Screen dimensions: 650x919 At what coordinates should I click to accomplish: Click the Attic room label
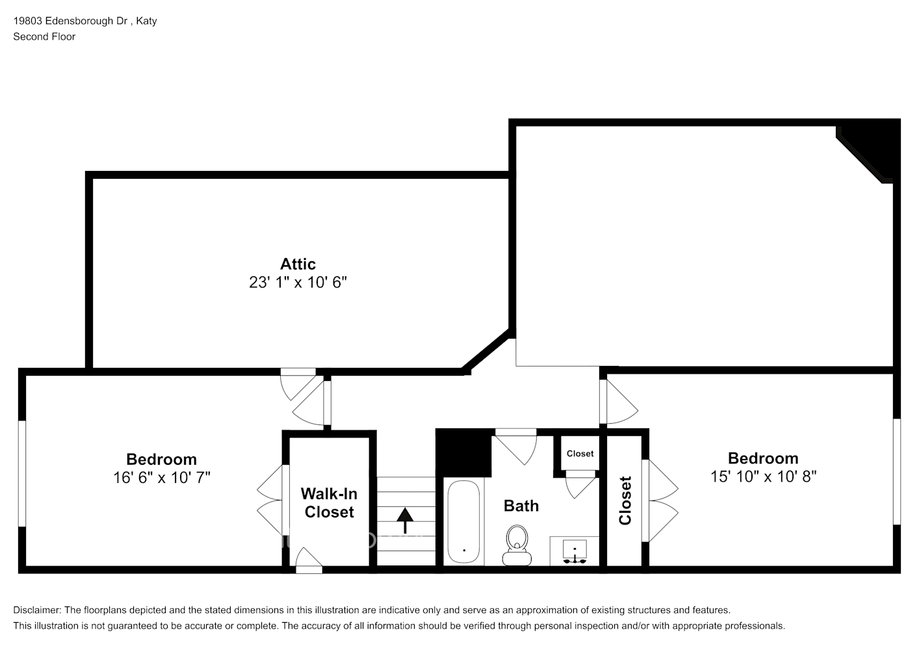tap(298, 264)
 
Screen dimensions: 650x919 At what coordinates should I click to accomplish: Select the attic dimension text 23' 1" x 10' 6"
tap(298, 283)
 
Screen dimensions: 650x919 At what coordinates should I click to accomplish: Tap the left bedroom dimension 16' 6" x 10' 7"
tap(161, 478)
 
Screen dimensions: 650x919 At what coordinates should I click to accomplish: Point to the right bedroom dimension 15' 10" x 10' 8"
tap(763, 476)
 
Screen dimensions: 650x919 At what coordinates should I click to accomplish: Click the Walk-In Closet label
tap(329, 503)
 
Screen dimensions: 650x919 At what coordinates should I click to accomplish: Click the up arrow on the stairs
tap(405, 520)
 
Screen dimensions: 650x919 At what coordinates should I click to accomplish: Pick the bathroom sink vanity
tap(574, 551)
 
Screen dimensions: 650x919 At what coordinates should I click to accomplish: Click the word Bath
tap(521, 506)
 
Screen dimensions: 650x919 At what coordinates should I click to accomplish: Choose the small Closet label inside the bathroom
tap(580, 454)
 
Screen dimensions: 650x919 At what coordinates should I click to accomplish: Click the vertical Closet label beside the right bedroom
tap(625, 500)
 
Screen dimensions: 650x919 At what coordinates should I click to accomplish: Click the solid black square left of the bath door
tap(463, 453)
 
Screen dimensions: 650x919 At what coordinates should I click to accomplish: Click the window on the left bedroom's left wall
tap(21, 473)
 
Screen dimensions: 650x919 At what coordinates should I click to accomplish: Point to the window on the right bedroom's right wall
tap(896, 471)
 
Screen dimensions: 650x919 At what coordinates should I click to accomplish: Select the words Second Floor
tap(44, 36)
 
